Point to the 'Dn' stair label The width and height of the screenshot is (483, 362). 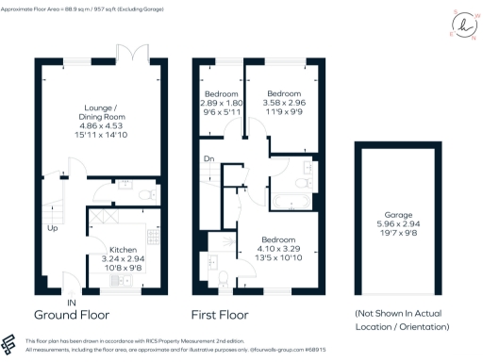[208, 158]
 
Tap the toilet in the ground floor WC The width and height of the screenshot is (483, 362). [142, 193]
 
